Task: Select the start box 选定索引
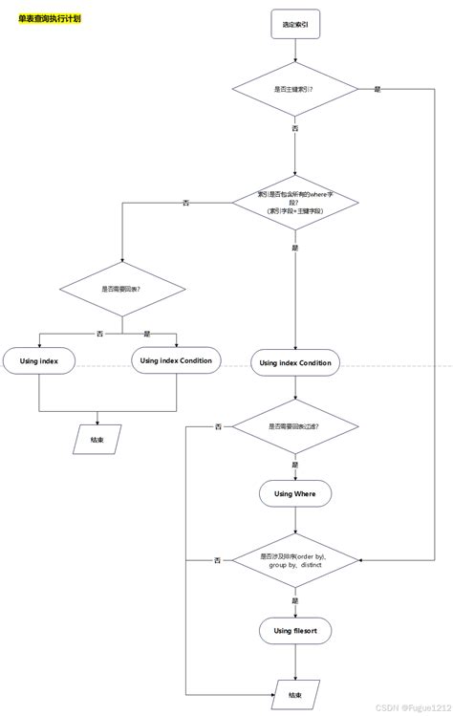click(x=295, y=24)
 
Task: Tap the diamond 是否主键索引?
click(x=295, y=89)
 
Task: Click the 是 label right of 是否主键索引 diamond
click(x=377, y=89)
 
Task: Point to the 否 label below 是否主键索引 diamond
click(x=294, y=127)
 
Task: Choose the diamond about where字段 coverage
click(x=295, y=202)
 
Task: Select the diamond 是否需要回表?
click(x=121, y=289)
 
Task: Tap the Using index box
click(x=38, y=361)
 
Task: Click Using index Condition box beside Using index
click(x=175, y=361)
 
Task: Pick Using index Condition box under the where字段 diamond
click(x=295, y=363)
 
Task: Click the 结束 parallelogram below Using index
click(x=97, y=441)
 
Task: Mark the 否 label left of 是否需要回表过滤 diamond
click(x=218, y=426)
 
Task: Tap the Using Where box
click(x=294, y=493)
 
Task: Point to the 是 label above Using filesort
click(x=294, y=599)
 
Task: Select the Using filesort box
click(x=294, y=631)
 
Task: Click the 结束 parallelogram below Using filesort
click(x=294, y=695)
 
